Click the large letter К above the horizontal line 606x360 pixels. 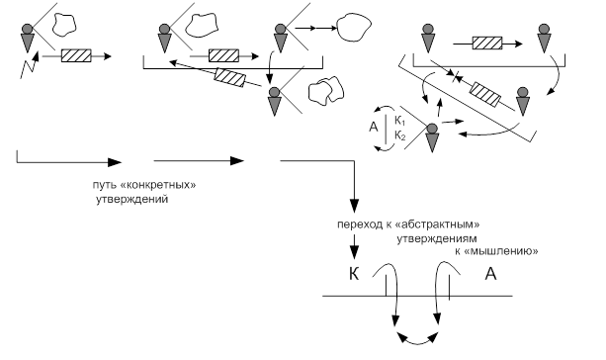tap(354, 274)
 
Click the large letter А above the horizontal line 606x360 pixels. tap(490, 274)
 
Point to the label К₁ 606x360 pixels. tap(399, 121)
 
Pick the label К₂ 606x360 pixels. tap(399, 135)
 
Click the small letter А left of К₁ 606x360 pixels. tap(374, 127)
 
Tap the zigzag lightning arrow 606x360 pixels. tap(29, 65)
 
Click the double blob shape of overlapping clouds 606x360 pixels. tap(326, 91)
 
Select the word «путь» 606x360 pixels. tap(105, 185)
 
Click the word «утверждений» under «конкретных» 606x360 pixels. tap(131, 200)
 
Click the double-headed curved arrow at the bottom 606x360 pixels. tap(417, 339)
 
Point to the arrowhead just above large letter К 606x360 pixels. tap(354, 252)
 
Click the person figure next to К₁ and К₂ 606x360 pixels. tap(432, 138)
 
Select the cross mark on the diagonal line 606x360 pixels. tap(457, 78)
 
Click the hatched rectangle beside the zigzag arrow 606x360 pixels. tap(76, 55)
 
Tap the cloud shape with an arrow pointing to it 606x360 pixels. tap(354, 28)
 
